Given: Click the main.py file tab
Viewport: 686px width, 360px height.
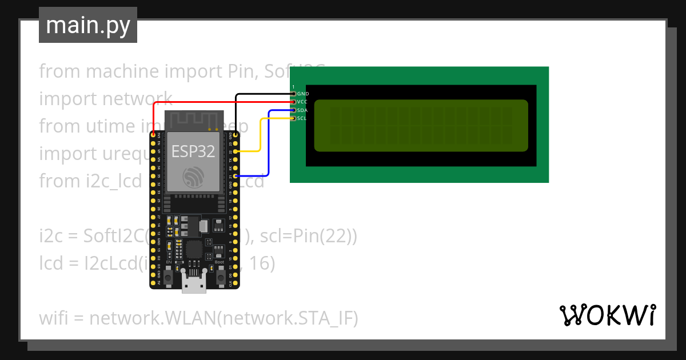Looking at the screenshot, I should tap(87, 25).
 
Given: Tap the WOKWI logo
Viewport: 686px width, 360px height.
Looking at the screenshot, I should tap(607, 315).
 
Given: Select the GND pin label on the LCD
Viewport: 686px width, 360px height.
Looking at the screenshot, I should tap(303, 93).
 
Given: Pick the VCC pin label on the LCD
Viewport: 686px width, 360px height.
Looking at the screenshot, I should tap(303, 101).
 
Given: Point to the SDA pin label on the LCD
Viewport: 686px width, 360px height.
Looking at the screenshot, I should tap(303, 110).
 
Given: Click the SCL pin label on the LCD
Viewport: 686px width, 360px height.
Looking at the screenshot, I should tap(303, 118).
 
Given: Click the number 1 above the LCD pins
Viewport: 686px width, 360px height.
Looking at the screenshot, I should tap(293, 86).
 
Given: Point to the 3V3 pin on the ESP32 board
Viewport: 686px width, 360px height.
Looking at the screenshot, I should tap(153, 135).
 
